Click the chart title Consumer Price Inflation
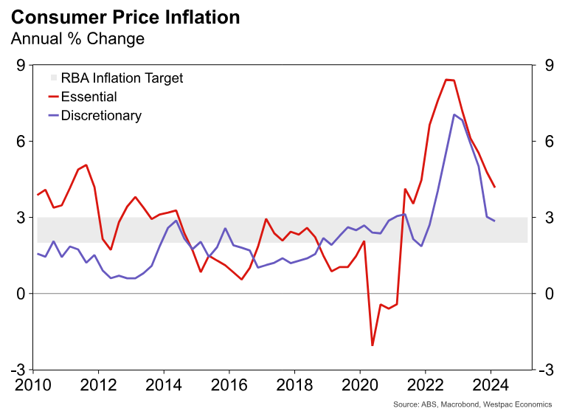tap(125, 16)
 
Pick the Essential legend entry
tap(89, 97)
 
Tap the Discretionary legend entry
tap(101, 116)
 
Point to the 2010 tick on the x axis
tap(33, 385)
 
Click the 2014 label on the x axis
tap(164, 385)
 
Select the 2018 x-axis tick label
tap(294, 385)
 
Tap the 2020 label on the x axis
tap(360, 385)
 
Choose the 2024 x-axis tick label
tap(491, 385)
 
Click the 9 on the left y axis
tap(21, 66)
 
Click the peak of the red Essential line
tap(446, 79)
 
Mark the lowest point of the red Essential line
tap(373, 345)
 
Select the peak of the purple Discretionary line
tap(454, 114)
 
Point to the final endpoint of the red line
tap(494, 187)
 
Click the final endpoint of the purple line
tap(494, 221)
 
